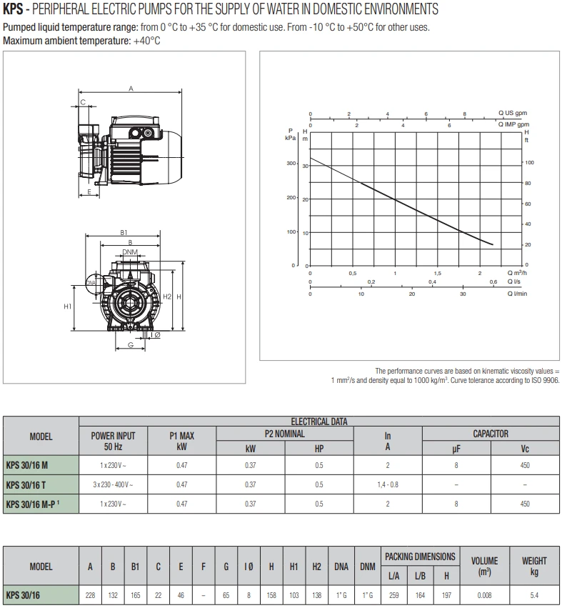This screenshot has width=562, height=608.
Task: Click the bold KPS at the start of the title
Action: (13, 9)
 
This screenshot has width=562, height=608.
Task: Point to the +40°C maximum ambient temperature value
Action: (146, 41)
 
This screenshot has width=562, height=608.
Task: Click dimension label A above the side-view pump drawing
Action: (131, 89)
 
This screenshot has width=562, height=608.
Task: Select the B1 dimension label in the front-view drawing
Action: (124, 233)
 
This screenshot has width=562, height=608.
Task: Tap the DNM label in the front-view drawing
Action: (129, 251)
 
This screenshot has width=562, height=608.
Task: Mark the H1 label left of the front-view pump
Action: (68, 307)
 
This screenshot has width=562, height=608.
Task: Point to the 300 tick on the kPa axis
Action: (291, 164)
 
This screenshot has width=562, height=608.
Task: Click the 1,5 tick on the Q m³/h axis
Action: (438, 274)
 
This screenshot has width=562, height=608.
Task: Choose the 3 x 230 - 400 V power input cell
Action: (113, 484)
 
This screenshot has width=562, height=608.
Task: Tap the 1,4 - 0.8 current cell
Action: (388, 484)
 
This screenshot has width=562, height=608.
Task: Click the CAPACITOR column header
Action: (491, 434)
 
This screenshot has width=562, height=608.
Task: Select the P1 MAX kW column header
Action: (181, 441)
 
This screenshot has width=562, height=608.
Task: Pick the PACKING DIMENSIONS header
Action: (420, 556)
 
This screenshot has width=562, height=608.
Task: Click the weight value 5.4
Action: (534, 594)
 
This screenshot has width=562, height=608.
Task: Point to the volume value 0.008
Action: (484, 594)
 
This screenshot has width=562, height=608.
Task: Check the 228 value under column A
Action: (90, 594)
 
